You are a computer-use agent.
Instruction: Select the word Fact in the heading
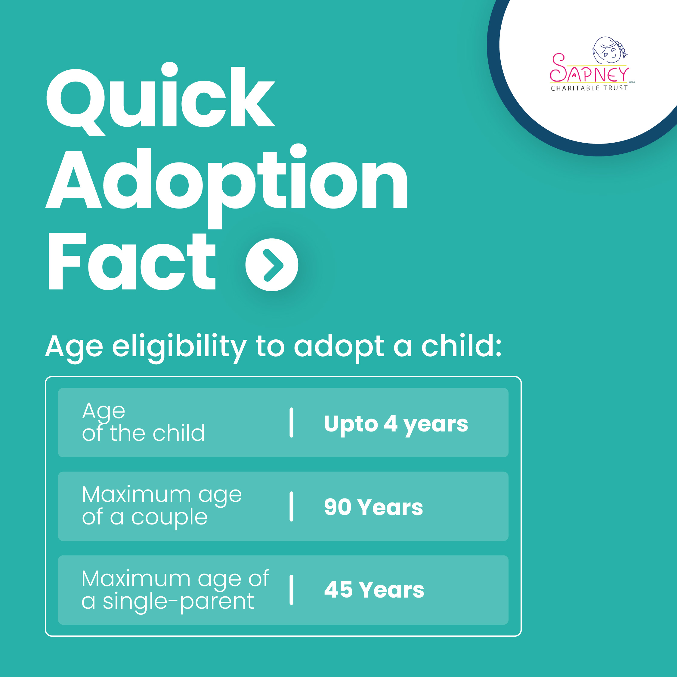click(x=132, y=261)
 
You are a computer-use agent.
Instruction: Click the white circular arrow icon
click(x=272, y=264)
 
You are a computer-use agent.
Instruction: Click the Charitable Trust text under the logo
click(x=589, y=88)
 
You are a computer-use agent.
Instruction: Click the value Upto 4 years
click(x=396, y=424)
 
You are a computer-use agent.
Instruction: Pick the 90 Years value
click(x=373, y=507)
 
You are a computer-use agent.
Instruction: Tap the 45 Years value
click(x=374, y=589)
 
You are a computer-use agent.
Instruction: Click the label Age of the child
click(x=143, y=422)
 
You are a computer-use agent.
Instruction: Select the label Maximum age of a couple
click(x=162, y=506)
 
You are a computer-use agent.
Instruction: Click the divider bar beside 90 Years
click(x=291, y=507)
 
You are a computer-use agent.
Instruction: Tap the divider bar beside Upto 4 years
click(x=291, y=423)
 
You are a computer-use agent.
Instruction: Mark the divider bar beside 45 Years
click(x=291, y=590)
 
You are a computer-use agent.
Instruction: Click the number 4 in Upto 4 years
click(x=390, y=423)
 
